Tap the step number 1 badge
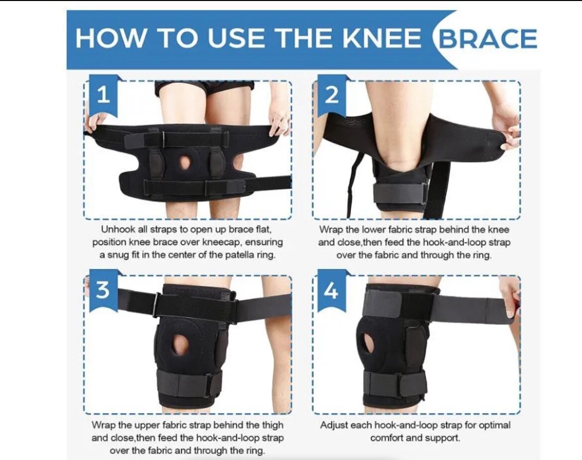[x=103, y=94]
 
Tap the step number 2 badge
[x=332, y=94]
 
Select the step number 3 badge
[x=102, y=289]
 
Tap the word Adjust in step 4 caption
[x=334, y=425]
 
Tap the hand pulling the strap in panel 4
[x=510, y=296]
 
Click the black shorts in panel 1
[x=204, y=88]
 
